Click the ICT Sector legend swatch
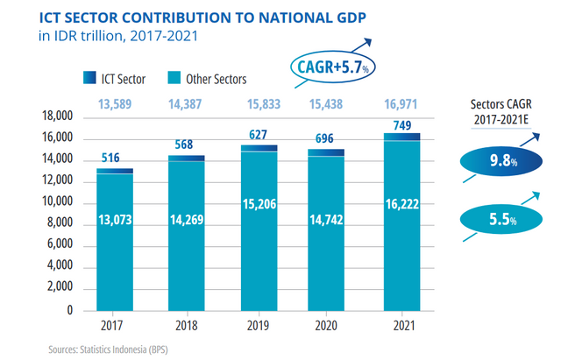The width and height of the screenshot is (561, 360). (x=90, y=79)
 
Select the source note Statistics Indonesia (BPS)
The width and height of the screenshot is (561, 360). (x=127, y=349)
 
